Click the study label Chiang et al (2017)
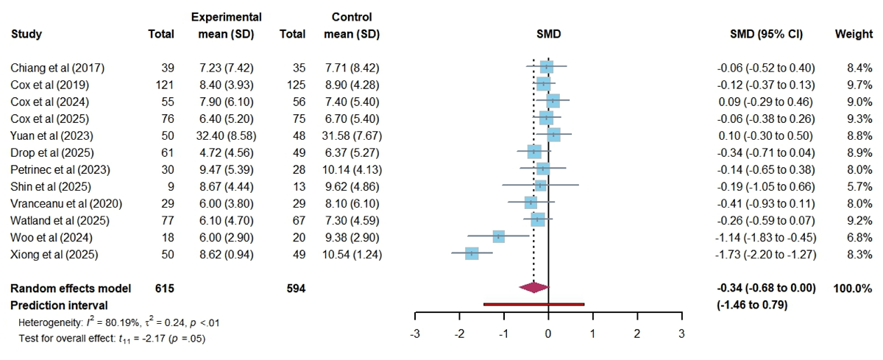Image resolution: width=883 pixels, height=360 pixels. click(57, 68)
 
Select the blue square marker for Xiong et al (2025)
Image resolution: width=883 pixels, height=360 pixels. click(472, 254)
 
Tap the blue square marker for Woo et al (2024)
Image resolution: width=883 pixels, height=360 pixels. click(498, 236)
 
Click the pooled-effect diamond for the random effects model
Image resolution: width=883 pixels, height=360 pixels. click(533, 288)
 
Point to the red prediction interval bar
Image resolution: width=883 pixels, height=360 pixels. click(533, 303)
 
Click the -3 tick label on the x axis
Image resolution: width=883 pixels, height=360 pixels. click(416, 333)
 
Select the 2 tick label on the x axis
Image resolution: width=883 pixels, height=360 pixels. click(636, 333)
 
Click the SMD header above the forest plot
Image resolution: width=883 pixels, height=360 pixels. click(548, 34)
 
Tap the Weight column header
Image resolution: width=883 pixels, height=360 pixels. click(854, 34)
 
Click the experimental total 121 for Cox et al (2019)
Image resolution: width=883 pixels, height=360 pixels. click(163, 85)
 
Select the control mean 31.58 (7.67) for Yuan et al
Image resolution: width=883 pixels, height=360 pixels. click(352, 135)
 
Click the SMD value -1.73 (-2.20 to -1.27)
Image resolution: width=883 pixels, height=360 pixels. click(765, 254)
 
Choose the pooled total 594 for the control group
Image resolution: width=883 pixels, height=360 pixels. click(295, 289)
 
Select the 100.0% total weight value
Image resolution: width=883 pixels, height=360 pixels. click(853, 289)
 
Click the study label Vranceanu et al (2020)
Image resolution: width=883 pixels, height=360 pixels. click(66, 203)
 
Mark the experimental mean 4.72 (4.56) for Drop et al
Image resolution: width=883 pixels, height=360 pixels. click(227, 152)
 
